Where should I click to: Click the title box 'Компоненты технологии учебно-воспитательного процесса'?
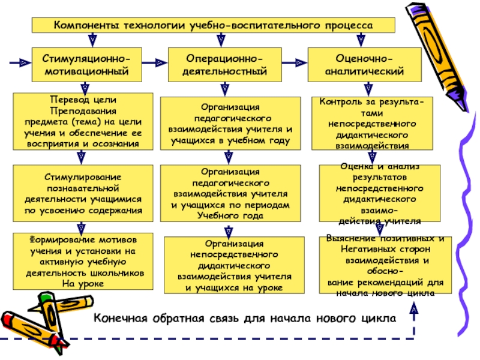(x=214, y=25)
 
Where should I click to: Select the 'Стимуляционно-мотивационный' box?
(x=86, y=65)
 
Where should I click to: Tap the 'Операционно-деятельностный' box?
(x=224, y=65)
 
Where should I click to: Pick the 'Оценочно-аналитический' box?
(x=365, y=65)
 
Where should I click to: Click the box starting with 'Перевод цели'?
(x=83, y=122)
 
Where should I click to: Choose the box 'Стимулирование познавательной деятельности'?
(x=83, y=193)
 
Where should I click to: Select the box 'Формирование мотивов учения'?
(x=83, y=262)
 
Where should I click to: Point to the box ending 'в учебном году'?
(x=230, y=124)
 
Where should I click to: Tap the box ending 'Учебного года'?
(x=230, y=193)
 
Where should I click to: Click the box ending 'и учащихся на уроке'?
(x=234, y=265)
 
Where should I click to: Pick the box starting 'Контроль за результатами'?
(x=372, y=124)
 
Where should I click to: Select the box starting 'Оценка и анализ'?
(x=380, y=193)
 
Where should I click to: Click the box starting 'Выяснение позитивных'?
(x=385, y=265)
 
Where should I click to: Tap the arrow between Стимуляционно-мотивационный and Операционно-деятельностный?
(x=155, y=63)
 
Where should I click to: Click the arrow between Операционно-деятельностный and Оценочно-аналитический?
(x=295, y=63)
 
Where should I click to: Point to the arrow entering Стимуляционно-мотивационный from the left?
(x=20, y=63)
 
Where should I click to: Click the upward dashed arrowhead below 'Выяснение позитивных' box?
(x=414, y=308)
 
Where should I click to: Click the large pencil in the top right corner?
(x=437, y=56)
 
